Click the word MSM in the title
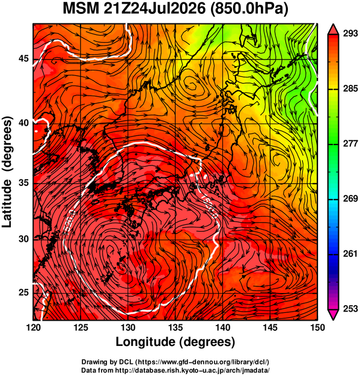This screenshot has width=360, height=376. (x=81, y=9)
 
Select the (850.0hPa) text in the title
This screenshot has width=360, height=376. (x=249, y=10)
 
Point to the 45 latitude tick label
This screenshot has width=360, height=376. (x=23, y=58)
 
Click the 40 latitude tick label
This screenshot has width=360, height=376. (x=23, y=123)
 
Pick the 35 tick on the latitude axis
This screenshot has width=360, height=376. (x=23, y=183)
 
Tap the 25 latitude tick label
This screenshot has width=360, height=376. (x=23, y=292)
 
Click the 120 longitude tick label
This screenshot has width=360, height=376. (x=33, y=327)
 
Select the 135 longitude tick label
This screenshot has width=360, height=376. (x=175, y=327)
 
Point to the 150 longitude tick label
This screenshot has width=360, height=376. (x=317, y=327)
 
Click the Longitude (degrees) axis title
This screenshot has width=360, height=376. (x=175, y=342)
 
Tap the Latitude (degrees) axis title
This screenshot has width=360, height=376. (x=7, y=172)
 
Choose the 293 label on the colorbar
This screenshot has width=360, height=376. (x=350, y=34)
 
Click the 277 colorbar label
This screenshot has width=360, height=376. (x=350, y=144)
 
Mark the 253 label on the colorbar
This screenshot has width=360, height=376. (x=350, y=309)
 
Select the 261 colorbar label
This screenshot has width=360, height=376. (x=350, y=254)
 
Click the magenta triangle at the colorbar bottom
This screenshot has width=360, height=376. (x=333, y=315)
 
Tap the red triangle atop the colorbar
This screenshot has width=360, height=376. (x=333, y=29)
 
